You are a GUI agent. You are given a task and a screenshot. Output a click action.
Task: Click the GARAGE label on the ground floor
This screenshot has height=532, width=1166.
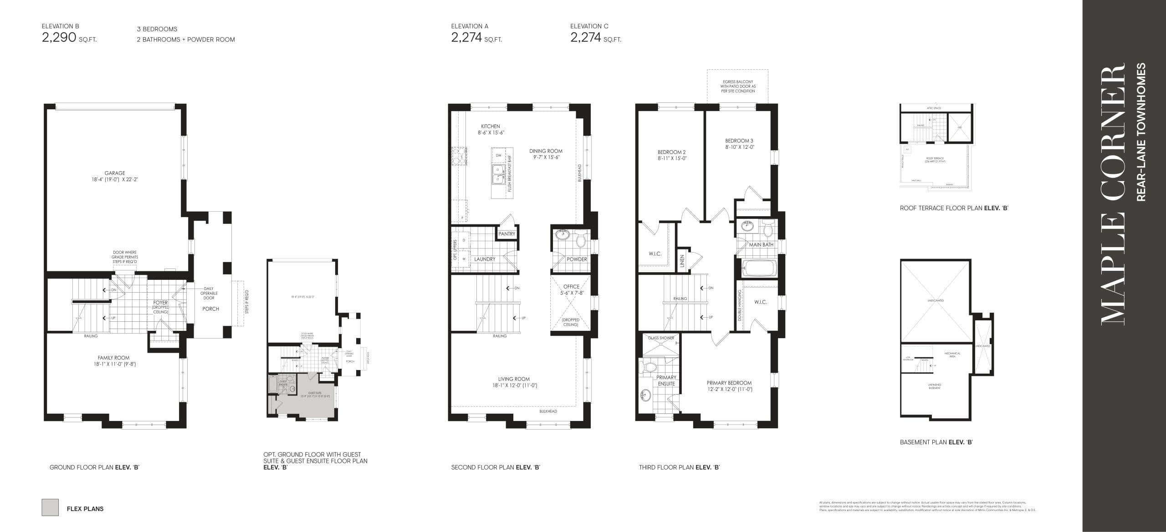pos(114,173)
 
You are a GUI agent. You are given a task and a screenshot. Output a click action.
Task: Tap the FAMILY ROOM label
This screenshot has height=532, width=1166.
pos(113,358)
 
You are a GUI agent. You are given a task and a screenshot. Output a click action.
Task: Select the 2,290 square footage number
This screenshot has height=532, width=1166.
pos(59,37)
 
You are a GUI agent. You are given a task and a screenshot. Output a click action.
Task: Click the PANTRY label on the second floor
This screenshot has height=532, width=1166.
pos(506,234)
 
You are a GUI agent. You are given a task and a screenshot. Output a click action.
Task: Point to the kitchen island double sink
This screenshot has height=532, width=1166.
pos(498,175)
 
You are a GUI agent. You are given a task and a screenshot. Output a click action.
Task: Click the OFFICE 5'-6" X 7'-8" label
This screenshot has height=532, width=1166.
pos(571,290)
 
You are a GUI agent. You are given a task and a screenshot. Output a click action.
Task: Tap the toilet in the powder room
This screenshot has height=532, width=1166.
pos(581,240)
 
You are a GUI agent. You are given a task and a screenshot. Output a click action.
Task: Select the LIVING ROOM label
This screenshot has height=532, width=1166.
pos(513,379)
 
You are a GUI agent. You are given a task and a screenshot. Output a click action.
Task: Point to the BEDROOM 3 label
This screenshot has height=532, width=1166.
pos(739,141)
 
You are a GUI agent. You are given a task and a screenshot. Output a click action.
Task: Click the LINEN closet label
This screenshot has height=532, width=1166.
pos(682,261)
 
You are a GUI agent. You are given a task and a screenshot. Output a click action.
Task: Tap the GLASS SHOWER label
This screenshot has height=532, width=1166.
pos(661,338)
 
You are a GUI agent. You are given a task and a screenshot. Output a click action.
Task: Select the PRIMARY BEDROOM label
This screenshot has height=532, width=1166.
pos(729,383)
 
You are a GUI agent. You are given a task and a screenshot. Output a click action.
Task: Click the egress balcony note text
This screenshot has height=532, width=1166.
pos(738,86)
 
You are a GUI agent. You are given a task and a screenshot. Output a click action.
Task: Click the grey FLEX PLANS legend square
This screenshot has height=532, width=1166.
pos(50,507)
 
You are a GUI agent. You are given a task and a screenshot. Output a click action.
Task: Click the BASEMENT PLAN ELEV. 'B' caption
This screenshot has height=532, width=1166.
pos(936,442)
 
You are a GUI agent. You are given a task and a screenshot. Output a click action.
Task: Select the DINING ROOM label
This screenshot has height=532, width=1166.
pos(546,151)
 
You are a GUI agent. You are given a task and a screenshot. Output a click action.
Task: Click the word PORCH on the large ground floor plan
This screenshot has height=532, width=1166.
pos(210,309)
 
